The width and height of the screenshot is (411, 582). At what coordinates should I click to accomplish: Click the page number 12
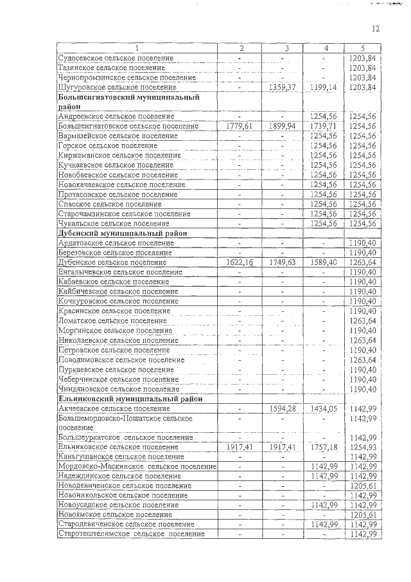(376, 28)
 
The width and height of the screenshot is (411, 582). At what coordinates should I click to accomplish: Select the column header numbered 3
(286, 48)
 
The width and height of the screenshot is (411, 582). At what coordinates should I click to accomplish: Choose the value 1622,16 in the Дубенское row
(240, 262)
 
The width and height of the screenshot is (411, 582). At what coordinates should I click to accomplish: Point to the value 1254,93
(363, 447)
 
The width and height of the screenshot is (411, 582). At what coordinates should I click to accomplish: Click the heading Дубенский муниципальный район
(122, 233)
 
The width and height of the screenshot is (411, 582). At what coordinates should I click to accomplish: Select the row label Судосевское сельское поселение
(116, 58)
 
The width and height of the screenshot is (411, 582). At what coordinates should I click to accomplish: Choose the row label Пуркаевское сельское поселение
(116, 370)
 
